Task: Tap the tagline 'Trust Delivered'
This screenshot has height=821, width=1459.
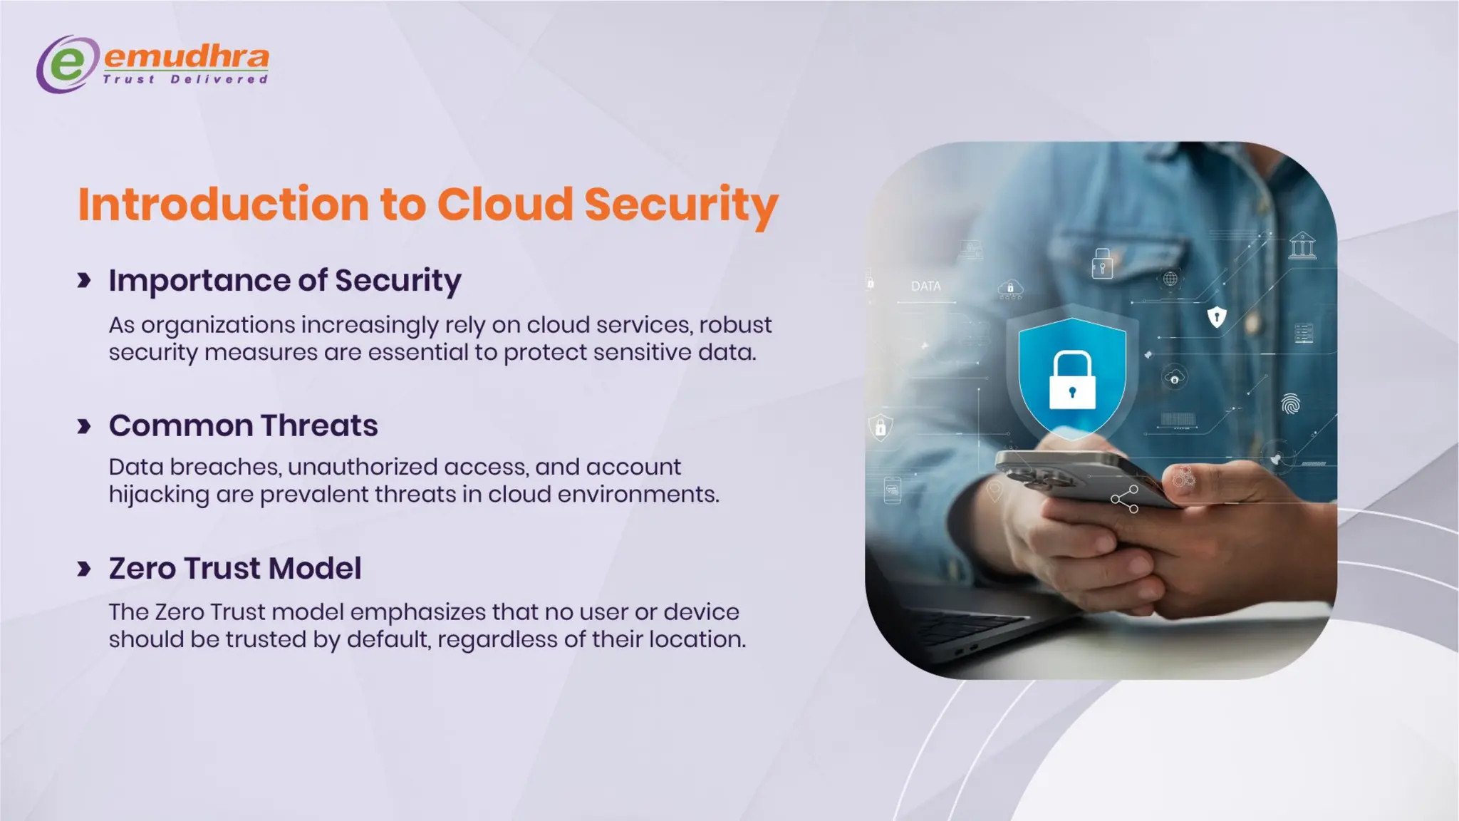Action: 185,79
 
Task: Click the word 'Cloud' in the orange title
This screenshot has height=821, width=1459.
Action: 505,205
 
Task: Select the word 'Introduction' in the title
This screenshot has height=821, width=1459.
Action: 223,205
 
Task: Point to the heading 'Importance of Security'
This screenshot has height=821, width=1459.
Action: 285,281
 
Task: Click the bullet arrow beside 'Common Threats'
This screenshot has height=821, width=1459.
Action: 84,427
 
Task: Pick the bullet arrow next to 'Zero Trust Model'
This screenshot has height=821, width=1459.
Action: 84,569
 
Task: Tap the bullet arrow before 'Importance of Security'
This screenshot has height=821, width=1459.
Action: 84,281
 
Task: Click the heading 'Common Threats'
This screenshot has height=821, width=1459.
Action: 243,426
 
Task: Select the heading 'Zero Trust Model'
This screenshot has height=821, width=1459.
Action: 235,569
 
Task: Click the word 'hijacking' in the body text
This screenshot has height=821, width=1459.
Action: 159,495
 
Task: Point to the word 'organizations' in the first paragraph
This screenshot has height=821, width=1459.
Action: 218,326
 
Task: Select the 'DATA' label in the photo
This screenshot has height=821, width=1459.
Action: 925,286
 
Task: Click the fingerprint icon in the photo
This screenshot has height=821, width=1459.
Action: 1290,404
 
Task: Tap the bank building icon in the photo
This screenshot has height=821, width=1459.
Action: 1302,246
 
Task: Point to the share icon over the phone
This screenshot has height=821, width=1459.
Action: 1125,499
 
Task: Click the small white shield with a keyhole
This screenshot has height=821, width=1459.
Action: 1217,316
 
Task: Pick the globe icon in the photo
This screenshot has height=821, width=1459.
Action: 1170,279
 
